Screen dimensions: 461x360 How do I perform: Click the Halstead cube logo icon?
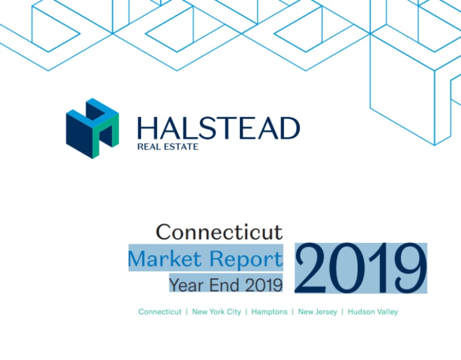point(92,128)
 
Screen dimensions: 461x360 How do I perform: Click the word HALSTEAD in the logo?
point(219,128)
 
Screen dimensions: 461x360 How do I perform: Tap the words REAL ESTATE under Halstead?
point(168,146)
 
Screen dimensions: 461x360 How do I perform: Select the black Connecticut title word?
point(219,232)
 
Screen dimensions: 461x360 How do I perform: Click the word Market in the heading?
point(165,259)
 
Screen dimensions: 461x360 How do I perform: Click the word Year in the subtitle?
point(185,285)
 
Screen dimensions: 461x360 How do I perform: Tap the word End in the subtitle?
point(224,285)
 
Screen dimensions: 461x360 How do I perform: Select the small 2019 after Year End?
point(264,285)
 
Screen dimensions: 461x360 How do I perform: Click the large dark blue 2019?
point(361,268)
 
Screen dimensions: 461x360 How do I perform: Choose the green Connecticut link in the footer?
point(160,312)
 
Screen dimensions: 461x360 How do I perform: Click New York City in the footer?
point(216,312)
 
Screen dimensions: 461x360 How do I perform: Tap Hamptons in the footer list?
point(269,312)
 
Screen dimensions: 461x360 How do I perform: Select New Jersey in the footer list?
point(318,312)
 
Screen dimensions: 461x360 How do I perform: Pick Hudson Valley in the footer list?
point(373,312)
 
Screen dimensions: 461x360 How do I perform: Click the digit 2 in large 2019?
point(310,268)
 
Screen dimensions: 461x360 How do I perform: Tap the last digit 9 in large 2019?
point(411,268)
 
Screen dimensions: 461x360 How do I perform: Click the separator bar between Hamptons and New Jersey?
point(293,312)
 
